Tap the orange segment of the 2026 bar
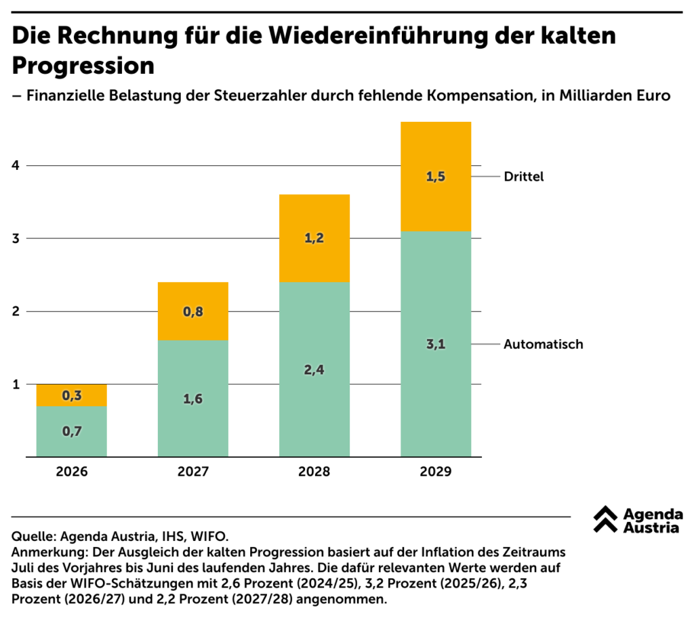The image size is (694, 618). [72, 395]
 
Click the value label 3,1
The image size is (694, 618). [436, 345]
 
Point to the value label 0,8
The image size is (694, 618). [193, 312]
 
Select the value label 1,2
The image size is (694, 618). [314, 238]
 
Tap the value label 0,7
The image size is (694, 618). [72, 431]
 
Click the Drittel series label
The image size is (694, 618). [524, 177]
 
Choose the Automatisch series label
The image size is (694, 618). [543, 345]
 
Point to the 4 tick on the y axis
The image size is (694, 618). [16, 166]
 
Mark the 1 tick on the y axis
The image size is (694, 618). [16, 384]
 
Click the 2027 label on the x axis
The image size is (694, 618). [193, 472]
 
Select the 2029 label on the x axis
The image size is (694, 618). [436, 472]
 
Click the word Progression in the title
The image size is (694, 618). [83, 66]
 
